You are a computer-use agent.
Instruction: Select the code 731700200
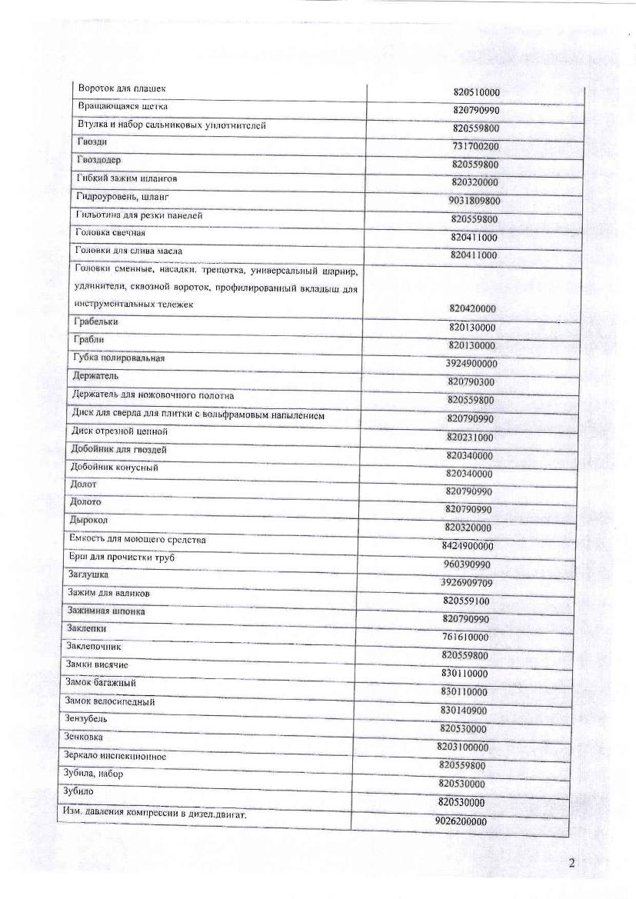point(476,146)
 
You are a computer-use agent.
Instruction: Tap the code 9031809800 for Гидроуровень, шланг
point(475,201)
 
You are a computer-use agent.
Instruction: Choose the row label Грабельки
point(97,321)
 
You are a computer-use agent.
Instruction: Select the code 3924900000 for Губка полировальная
point(471,363)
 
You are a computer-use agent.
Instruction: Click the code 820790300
point(471,381)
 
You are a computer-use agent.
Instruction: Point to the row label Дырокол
point(87,520)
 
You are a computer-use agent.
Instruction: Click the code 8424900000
point(468,546)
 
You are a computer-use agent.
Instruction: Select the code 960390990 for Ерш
point(468,564)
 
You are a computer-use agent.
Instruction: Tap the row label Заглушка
point(88,574)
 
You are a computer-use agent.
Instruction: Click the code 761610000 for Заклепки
point(465,638)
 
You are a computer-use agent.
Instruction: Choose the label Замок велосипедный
point(111,701)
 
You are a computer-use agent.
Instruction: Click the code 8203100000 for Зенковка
point(463,747)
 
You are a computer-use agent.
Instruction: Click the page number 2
point(571,862)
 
